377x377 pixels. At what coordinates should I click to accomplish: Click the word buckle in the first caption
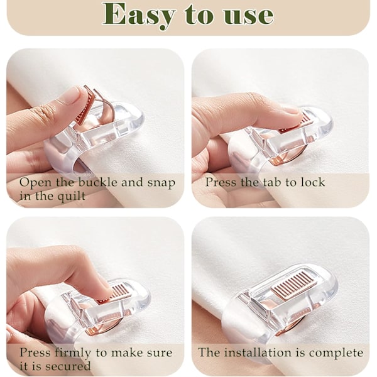(98, 182)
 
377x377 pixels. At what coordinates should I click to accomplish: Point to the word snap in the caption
(161, 183)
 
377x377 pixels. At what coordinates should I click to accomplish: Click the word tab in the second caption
(273, 182)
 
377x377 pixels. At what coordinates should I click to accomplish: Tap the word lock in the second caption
(312, 182)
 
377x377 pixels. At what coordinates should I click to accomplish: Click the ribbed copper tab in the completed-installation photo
(294, 284)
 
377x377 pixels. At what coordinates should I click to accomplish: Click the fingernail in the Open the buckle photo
(72, 95)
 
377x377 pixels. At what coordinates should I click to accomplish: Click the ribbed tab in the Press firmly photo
(119, 292)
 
